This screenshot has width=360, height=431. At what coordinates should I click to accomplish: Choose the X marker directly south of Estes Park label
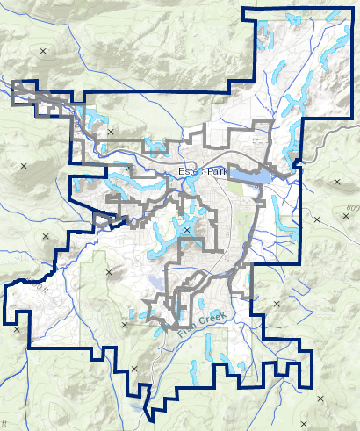[x=186, y=231]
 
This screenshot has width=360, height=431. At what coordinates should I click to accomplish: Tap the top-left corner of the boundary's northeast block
[x=244, y=10]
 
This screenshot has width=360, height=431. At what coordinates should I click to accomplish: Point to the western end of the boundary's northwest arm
[x=13, y=87]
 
